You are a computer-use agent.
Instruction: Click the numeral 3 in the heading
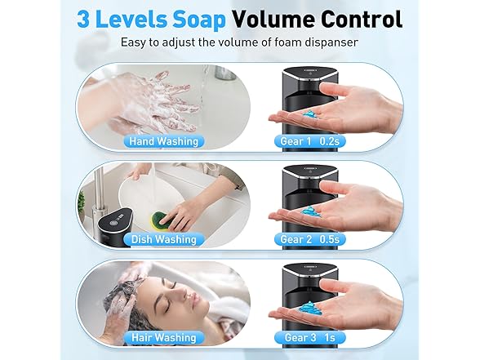click(x=83, y=19)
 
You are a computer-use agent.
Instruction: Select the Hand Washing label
click(x=164, y=141)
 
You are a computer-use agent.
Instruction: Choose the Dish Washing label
click(x=164, y=239)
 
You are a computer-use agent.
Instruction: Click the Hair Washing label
click(x=164, y=337)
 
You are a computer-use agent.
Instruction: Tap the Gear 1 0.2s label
click(x=310, y=141)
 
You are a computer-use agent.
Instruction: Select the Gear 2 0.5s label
click(x=310, y=239)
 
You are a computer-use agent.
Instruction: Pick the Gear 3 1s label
click(x=310, y=337)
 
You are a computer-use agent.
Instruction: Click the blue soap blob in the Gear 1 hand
click(x=311, y=114)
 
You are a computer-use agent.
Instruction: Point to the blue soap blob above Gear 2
click(x=310, y=211)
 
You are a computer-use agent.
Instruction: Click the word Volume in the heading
click(x=273, y=19)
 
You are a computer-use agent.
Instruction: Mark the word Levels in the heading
click(x=131, y=19)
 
